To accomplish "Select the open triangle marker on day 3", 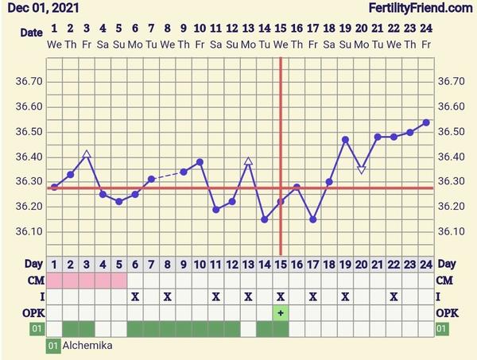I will click(x=87, y=154).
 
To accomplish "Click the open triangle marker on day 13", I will click(x=248, y=161).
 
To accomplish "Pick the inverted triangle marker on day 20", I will click(x=362, y=169).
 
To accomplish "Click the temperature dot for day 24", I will click(x=426, y=122).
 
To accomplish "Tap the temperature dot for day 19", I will click(x=345, y=140).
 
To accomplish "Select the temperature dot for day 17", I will click(x=313, y=219).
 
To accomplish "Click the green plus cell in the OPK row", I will click(x=281, y=312).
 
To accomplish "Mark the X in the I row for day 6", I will click(x=135, y=296).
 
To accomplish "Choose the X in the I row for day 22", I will click(x=394, y=296).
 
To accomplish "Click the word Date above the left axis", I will click(x=31, y=33).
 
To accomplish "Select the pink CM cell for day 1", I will click(x=54, y=281).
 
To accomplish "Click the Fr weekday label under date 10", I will click(x=200, y=43).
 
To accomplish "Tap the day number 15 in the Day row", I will click(x=281, y=264).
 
